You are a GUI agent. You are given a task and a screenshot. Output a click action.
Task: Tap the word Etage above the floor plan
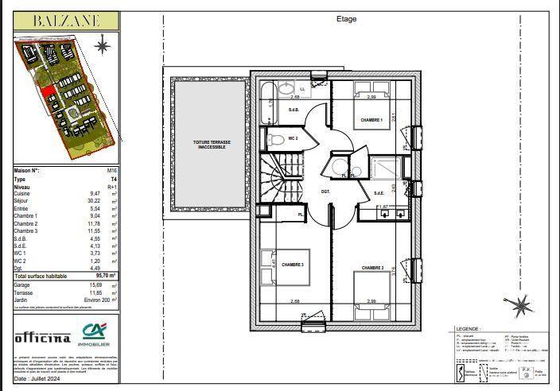click(x=347, y=19)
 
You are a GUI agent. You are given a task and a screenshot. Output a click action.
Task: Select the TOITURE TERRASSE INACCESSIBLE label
click(x=210, y=145)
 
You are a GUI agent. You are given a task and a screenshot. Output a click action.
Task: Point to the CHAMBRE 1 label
click(x=371, y=120)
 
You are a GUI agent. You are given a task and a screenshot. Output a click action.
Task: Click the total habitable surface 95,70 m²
click(x=101, y=275)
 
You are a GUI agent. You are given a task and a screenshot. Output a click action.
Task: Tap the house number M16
click(x=112, y=171)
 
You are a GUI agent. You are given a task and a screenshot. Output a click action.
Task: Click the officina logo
click(x=43, y=337)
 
